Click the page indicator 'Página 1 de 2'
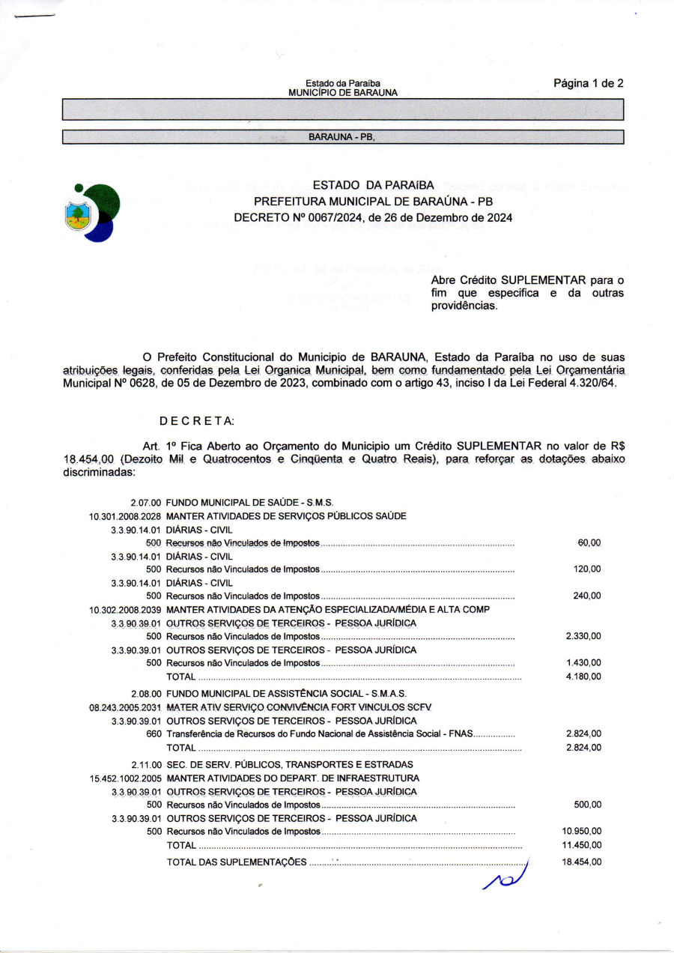pyautogui.click(x=588, y=83)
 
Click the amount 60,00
pyautogui.click(x=589, y=542)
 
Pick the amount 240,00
pyautogui.click(x=586, y=596)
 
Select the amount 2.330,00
pyautogui.click(x=583, y=636)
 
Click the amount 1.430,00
pyautogui.click(x=583, y=663)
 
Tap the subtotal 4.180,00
pyautogui.click(x=583, y=677)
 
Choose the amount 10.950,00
pyautogui.click(x=581, y=832)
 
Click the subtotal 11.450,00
pyautogui.click(x=581, y=845)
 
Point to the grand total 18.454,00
pyautogui.click(x=581, y=862)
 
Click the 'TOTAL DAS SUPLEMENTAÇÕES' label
pyautogui.click(x=236, y=862)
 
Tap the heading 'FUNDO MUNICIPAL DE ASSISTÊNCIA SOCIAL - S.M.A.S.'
pyautogui.click(x=286, y=694)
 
